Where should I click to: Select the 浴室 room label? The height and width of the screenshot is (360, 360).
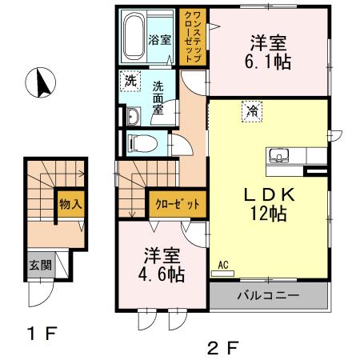click(159, 40)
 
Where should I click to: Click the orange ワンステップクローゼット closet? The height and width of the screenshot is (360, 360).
click(193, 38)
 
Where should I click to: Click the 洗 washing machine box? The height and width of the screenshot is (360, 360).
click(129, 80)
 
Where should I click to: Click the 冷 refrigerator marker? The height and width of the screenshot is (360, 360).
click(252, 111)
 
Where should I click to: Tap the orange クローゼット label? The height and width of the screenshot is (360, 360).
click(174, 203)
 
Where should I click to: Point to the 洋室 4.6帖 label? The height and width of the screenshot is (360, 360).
click(164, 266)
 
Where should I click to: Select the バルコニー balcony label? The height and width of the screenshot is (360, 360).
click(268, 297)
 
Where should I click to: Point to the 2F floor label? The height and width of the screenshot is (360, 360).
click(223, 347)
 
